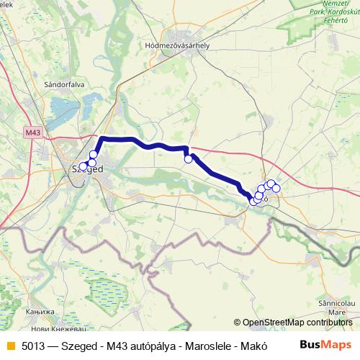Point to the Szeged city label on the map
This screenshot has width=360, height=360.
[88, 169]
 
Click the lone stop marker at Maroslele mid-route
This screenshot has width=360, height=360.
[189, 159]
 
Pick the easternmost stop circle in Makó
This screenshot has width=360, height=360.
[276, 189]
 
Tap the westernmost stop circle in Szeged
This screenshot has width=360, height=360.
[83, 166]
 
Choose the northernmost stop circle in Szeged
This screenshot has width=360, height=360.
[93, 155]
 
